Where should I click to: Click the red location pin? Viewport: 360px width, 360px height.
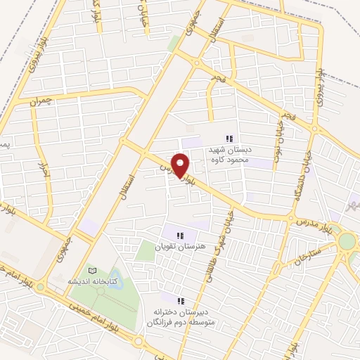181,165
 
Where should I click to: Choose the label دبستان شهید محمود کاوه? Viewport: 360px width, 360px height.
228,154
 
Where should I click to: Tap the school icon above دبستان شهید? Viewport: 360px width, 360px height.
228,138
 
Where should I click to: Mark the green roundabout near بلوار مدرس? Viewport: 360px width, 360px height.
347,242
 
